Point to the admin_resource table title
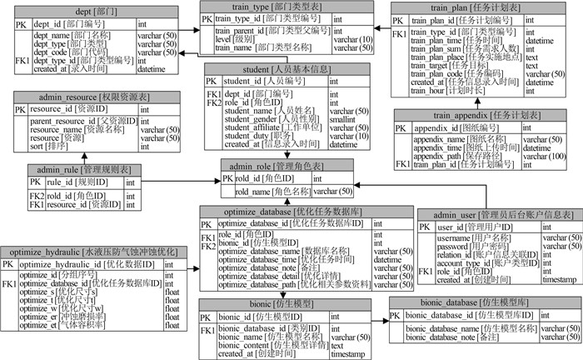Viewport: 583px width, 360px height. click(x=92, y=97)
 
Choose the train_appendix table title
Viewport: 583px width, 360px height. click(x=480, y=116)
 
